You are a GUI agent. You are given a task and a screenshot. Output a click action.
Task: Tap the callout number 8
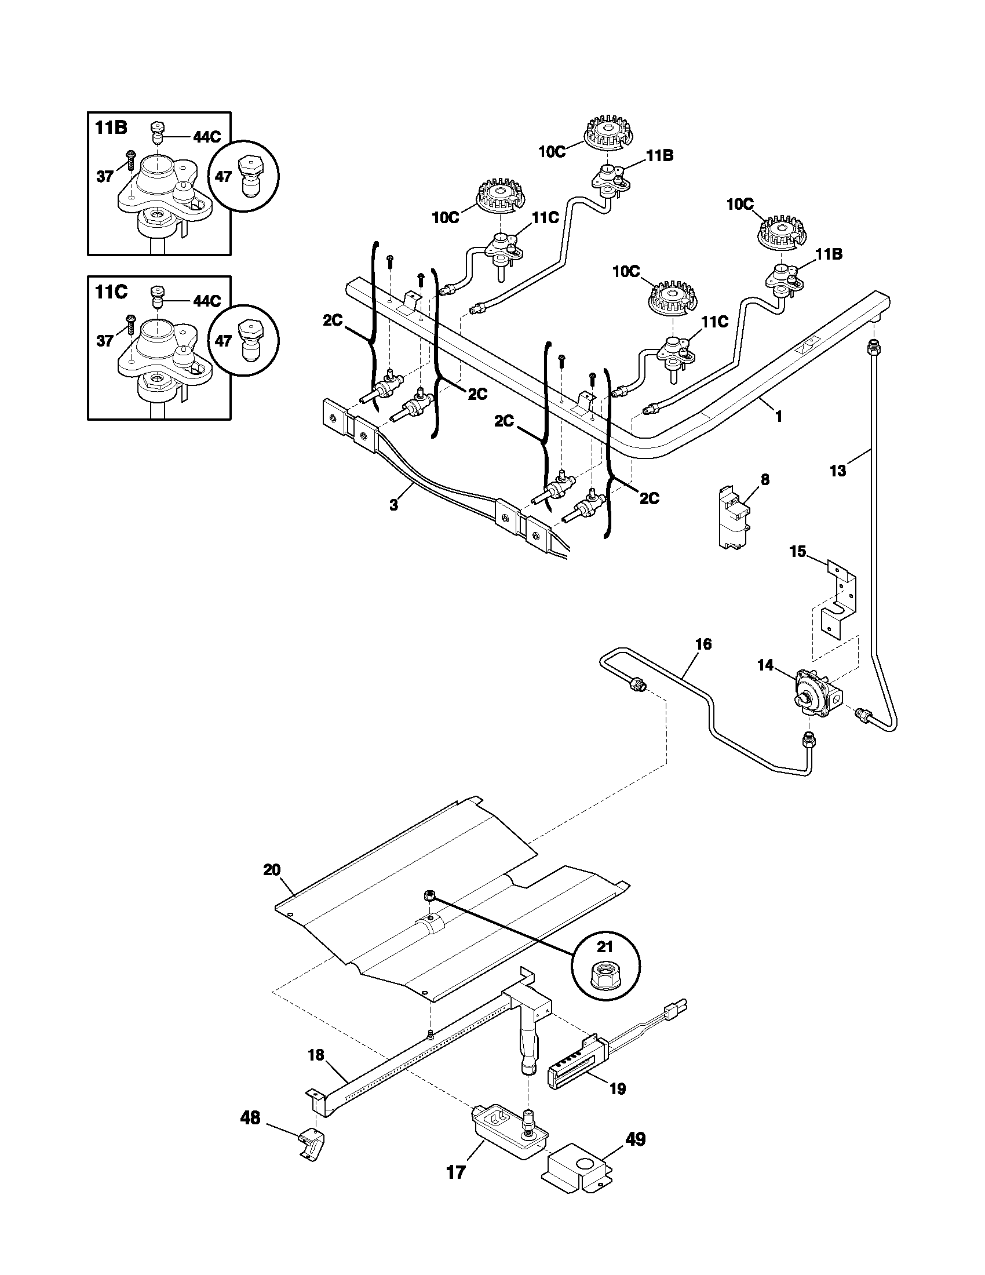765,479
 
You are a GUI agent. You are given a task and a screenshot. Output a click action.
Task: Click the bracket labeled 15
839,602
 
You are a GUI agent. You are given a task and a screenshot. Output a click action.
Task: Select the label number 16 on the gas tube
704,644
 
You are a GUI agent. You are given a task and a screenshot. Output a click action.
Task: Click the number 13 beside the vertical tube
837,471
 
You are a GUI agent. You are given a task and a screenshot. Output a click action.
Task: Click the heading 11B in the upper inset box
111,128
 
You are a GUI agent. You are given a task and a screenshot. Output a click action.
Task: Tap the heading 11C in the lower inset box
111,292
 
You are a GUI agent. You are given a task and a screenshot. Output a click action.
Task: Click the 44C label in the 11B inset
207,137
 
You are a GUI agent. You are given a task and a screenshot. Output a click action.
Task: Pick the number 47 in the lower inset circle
224,340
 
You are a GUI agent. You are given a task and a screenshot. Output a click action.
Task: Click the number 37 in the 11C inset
105,340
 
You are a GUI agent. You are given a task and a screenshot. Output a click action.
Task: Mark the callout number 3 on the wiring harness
393,505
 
